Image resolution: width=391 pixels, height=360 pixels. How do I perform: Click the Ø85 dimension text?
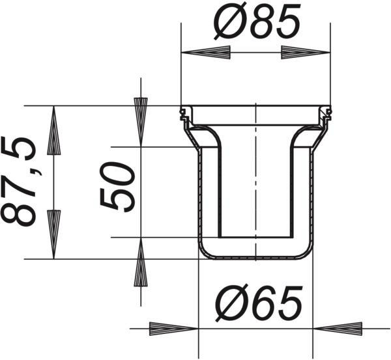[x=257, y=21]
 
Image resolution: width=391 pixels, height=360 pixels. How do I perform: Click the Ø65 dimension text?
[x=259, y=303]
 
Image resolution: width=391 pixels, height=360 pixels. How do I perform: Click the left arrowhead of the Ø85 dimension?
[x=206, y=52]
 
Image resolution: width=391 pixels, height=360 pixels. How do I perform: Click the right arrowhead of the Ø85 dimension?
[x=306, y=52]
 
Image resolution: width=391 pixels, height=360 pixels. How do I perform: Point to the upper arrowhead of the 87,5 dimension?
[x=53, y=130]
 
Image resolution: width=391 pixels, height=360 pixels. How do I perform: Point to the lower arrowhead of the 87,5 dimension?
[x=53, y=234]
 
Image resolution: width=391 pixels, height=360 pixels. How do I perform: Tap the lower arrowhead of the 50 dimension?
[x=141, y=262]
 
